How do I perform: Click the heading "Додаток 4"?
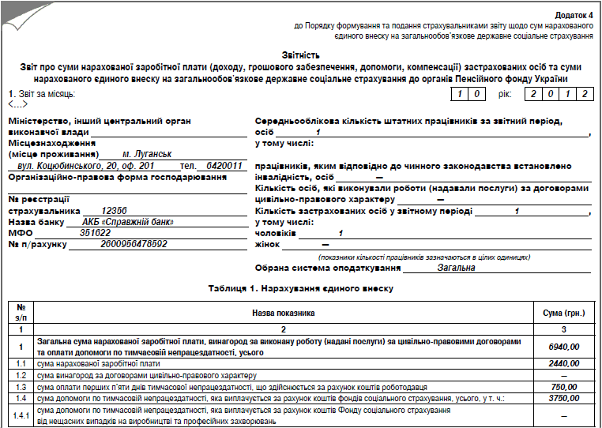[574, 15]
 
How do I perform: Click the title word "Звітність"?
[300, 55]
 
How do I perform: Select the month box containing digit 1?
[458, 94]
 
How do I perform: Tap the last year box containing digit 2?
[584, 94]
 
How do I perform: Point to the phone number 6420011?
[224, 167]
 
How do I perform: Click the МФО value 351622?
[96, 233]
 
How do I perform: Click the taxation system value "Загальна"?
[456, 268]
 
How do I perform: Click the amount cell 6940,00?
[563, 346]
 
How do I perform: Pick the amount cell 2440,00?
[563, 363]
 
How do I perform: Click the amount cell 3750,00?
[563, 399]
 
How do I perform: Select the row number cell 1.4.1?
[21, 416]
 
